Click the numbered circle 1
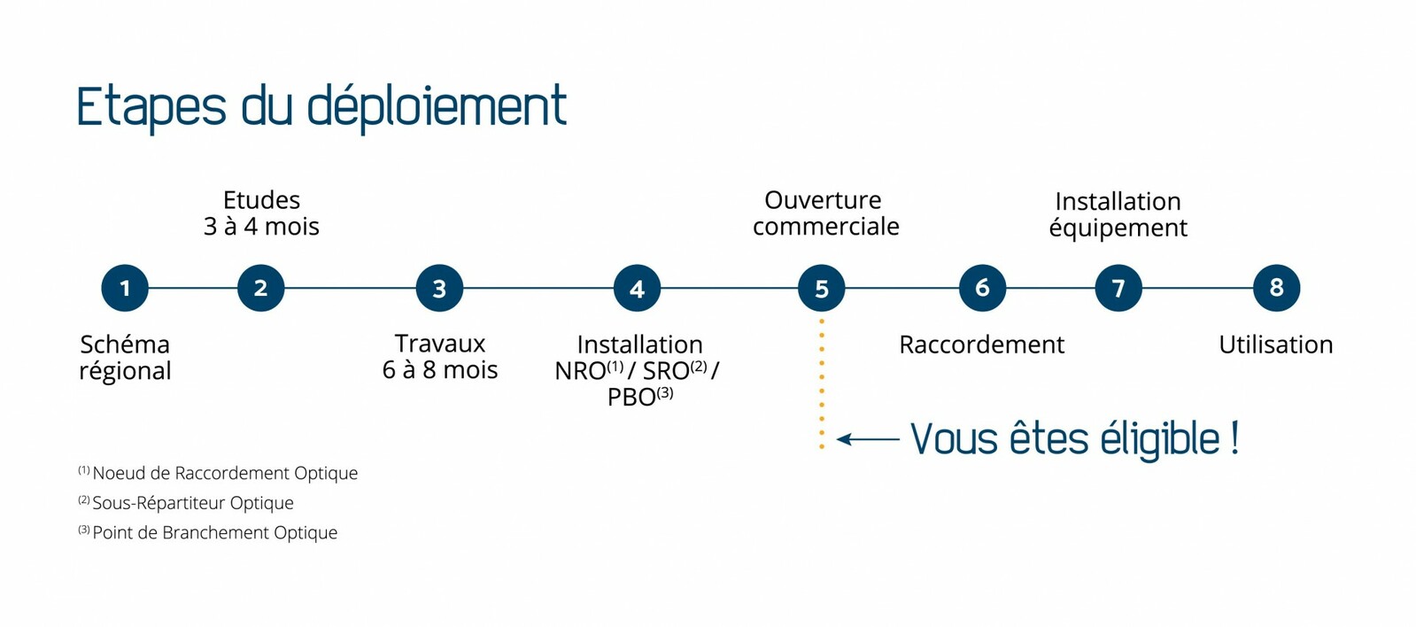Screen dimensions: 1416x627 [125, 288]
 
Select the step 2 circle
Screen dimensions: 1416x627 [261, 288]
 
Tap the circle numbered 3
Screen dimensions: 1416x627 [439, 288]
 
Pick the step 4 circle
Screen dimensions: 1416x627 [638, 288]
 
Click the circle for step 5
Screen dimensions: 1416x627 [822, 288]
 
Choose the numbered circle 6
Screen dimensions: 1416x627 [982, 288]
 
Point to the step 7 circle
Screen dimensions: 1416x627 [1118, 288]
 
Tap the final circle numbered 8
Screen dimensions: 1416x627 [1277, 288]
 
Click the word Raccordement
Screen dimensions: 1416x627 [982, 345]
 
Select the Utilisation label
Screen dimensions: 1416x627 [1276, 345]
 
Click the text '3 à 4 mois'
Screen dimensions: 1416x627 [262, 227]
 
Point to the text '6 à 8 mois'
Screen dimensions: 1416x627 [440, 370]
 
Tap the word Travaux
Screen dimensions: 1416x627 [440, 344]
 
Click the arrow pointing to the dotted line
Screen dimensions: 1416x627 [868, 438]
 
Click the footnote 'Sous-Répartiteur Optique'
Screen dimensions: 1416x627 [193, 503]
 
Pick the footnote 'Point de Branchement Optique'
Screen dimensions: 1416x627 [215, 533]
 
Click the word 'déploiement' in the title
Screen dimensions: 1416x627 [437, 106]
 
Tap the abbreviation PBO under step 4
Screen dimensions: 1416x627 [631, 398]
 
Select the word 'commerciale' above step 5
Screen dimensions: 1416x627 [825, 227]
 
